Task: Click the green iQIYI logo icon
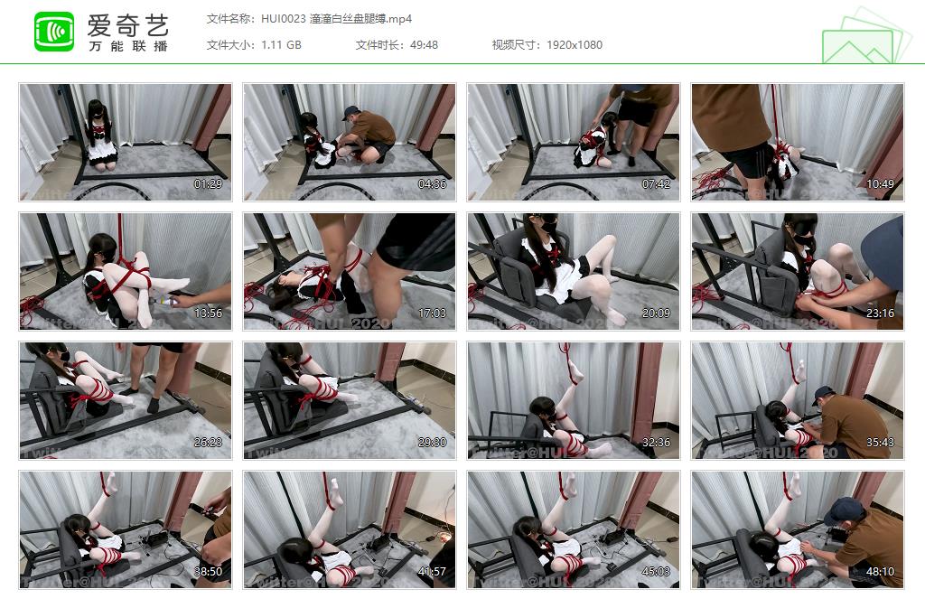tap(54, 32)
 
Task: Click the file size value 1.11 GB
tap(281, 45)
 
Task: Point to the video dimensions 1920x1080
tap(575, 45)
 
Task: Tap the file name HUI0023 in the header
tap(283, 19)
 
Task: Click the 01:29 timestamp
tap(208, 184)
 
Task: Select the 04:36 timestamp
tap(432, 184)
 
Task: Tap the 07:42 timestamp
tap(656, 184)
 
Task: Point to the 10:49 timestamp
tap(880, 184)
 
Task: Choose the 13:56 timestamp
tap(208, 313)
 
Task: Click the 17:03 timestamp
tap(432, 313)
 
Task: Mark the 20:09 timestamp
tap(656, 313)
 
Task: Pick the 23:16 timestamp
tap(880, 313)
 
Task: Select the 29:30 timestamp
tap(432, 443)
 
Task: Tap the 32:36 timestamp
tap(656, 443)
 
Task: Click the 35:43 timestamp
tap(880, 443)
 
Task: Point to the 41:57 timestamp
tap(432, 572)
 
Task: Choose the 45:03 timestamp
tap(656, 572)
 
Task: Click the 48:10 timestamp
tap(880, 572)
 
